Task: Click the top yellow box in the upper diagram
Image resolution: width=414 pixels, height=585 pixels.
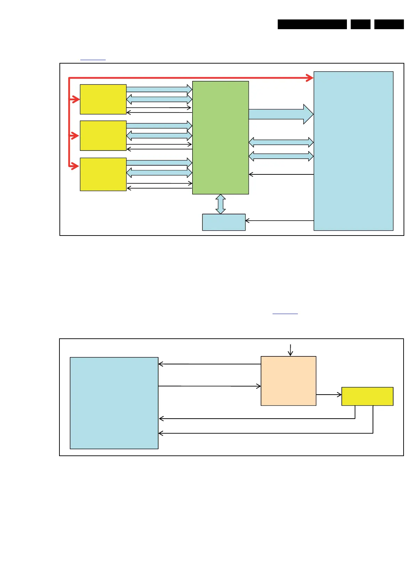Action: click(x=103, y=99)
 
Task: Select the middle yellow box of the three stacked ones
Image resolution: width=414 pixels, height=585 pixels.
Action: click(x=103, y=135)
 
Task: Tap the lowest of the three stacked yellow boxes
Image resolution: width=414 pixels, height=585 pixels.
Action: click(x=103, y=174)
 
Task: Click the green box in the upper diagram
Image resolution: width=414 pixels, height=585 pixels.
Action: click(x=220, y=138)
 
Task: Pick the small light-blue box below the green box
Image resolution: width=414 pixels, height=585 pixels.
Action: click(x=224, y=222)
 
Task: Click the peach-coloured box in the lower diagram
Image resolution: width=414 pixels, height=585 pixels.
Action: click(x=288, y=381)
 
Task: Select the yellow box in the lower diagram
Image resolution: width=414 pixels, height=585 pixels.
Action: click(x=367, y=396)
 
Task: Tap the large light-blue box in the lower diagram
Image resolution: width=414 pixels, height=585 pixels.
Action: click(x=114, y=403)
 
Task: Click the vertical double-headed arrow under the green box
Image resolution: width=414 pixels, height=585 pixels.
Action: click(x=221, y=204)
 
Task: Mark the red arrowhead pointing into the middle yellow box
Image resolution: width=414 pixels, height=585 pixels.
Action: click(x=75, y=135)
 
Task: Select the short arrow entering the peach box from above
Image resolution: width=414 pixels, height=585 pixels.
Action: click(x=290, y=350)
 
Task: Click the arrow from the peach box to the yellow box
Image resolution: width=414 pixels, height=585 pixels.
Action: click(x=329, y=395)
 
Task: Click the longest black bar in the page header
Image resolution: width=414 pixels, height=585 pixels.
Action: click(x=312, y=24)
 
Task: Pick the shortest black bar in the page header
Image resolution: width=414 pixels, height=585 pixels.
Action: click(x=360, y=24)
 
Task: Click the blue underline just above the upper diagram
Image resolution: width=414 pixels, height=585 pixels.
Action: click(x=93, y=60)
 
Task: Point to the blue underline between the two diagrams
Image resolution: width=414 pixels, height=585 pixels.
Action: click(x=285, y=314)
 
